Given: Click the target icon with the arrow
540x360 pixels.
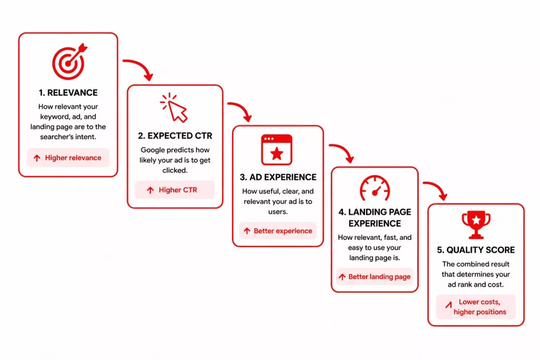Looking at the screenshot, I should click(69, 62).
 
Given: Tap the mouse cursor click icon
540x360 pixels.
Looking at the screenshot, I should click(175, 108).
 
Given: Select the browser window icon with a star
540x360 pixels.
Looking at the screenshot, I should click(276, 150).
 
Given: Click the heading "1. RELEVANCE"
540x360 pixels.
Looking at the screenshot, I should click(68, 93).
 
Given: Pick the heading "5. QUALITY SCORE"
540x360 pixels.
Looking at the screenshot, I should click(476, 250).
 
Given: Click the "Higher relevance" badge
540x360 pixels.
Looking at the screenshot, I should click(68, 158).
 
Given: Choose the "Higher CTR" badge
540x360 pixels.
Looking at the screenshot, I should click(175, 190).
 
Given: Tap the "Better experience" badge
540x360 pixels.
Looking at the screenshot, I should click(277, 231).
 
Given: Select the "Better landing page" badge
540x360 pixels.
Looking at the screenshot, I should click(375, 277).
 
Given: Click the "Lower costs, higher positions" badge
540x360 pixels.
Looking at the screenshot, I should click(476, 307).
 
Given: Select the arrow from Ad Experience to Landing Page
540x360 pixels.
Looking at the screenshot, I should click(342, 152).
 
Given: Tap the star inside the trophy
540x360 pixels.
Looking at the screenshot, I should click(476, 219).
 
